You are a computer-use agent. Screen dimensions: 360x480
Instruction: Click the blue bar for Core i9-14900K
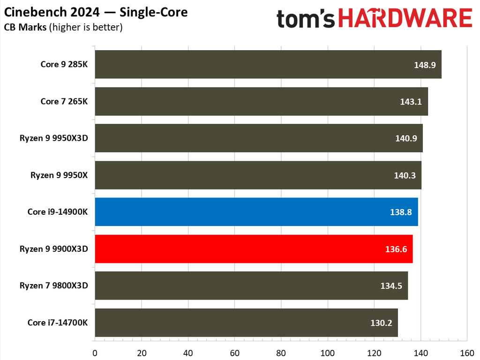[x=256, y=212]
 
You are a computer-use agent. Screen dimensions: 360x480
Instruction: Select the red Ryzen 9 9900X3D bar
[x=254, y=249]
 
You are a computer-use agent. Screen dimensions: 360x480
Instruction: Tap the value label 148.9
[x=425, y=64]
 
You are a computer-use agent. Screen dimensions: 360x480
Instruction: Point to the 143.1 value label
[x=411, y=101]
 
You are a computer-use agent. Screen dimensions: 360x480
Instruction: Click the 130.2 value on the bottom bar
[x=381, y=322]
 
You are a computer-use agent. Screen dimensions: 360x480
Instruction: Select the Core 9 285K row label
[x=64, y=64]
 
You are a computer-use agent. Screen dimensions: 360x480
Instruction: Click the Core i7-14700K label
[x=58, y=322]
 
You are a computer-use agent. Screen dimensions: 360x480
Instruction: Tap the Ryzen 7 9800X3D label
[x=53, y=285]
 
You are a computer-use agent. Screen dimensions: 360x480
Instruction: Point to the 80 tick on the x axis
[x=281, y=352]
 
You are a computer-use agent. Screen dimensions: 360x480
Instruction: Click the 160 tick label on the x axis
[x=467, y=352]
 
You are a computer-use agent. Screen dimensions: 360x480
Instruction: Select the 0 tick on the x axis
[x=95, y=352]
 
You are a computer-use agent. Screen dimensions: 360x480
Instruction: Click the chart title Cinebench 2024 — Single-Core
[x=96, y=12]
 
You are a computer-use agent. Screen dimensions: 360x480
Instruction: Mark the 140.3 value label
[x=405, y=175]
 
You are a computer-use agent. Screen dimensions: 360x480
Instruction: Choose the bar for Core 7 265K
[x=261, y=101]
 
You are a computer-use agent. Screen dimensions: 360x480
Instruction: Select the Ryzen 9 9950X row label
[x=59, y=175]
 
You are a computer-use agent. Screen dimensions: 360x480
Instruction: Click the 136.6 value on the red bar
[x=396, y=249]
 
